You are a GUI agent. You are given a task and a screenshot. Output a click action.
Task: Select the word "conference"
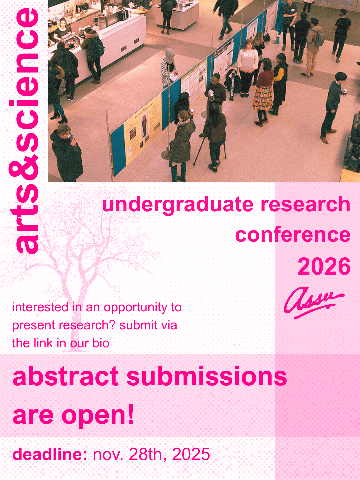[x=293, y=235]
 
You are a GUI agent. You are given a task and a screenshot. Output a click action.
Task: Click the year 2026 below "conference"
[x=324, y=266]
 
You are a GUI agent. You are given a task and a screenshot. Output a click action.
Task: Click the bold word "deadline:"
[x=50, y=454]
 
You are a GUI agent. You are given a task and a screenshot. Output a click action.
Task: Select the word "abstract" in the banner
[x=65, y=377]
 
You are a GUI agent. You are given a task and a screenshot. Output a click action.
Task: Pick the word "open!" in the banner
[x=98, y=415]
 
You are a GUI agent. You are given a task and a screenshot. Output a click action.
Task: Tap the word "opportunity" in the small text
[x=136, y=307]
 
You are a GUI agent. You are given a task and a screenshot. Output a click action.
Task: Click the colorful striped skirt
[x=262, y=99]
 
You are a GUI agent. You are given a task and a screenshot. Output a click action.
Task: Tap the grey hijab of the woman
[x=170, y=54]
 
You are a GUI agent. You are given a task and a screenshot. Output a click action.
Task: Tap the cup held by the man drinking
[x=70, y=136]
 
